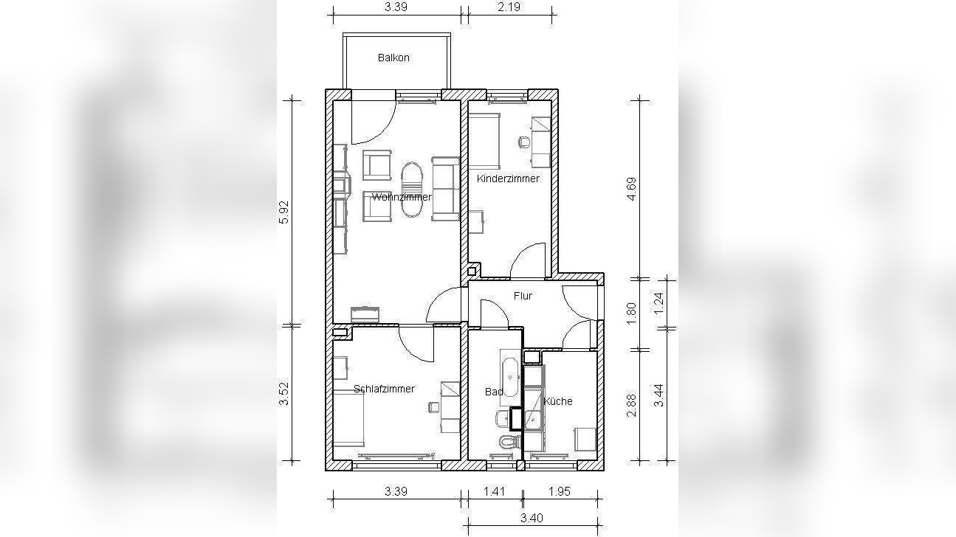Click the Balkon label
[x=393, y=58]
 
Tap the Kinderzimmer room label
[x=508, y=179]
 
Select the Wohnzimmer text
[x=402, y=197]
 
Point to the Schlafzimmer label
[x=384, y=389]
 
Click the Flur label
[x=523, y=296]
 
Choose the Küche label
[x=558, y=401]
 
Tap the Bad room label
[x=494, y=392]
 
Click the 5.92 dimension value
[x=283, y=212]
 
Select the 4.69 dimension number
[x=631, y=189]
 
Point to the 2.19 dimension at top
[x=509, y=7]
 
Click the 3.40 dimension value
[x=532, y=518]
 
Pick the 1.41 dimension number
[x=494, y=491]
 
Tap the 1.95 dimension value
[x=559, y=491]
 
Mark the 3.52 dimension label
[x=283, y=394]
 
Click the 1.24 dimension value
[x=659, y=303]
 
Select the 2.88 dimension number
[x=631, y=405]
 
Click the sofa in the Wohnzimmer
[x=446, y=189]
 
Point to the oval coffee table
[x=411, y=190]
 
